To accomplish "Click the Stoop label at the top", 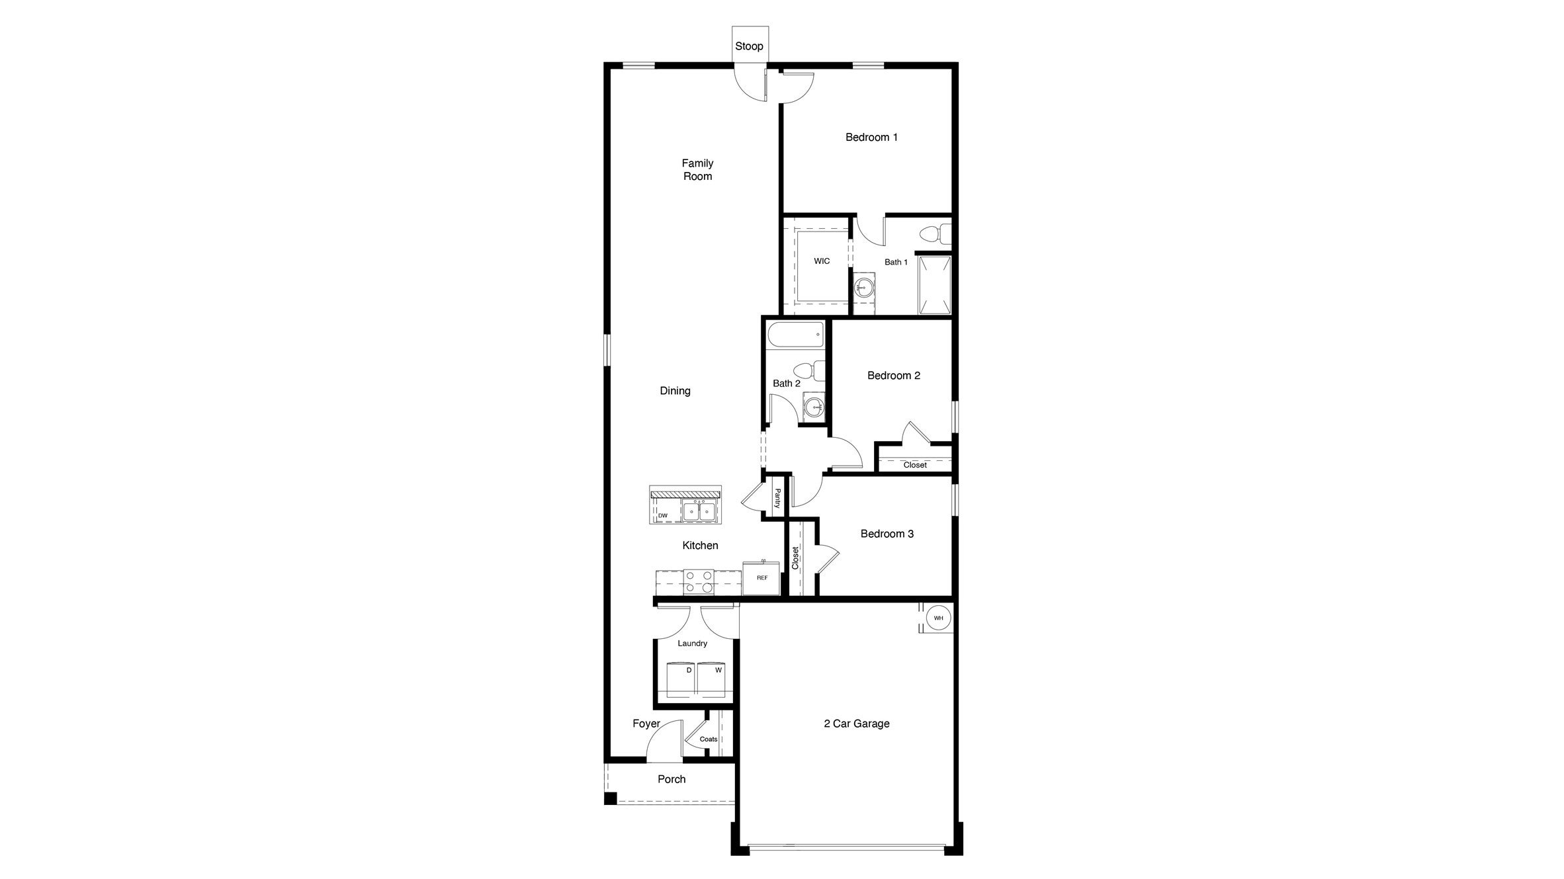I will tap(749, 46).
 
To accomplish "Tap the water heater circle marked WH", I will tap(938, 618).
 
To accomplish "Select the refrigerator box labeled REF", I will tap(761, 578).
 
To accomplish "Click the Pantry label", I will tap(777, 498).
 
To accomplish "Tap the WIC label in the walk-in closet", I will tap(822, 261).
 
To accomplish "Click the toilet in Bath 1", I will tap(935, 234).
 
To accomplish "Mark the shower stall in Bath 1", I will tap(934, 285).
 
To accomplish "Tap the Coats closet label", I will tap(709, 739).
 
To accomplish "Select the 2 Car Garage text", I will tap(856, 724).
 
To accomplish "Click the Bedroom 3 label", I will tap(887, 534).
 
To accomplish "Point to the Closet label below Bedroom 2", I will tap(915, 465).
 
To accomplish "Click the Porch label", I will tap(672, 779).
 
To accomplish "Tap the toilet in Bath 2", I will tap(809, 370).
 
